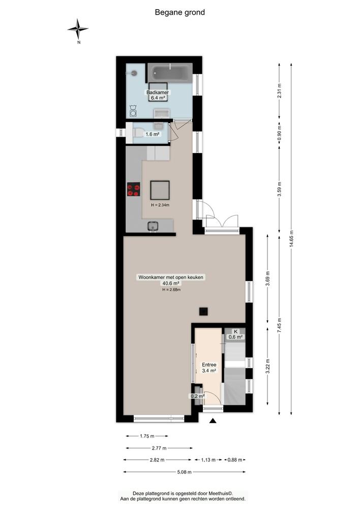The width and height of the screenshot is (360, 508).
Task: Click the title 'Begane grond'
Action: (179, 12)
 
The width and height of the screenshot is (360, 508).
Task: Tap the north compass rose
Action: (78, 29)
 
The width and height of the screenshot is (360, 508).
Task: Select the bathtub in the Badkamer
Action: (169, 75)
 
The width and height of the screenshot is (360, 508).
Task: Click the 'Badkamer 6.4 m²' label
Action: (158, 96)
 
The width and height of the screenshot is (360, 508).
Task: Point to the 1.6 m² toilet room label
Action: (153, 134)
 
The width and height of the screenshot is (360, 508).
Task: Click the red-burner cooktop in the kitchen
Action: (133, 189)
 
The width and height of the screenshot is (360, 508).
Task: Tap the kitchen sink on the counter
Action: (153, 226)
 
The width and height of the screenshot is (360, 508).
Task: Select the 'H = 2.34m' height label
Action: (160, 205)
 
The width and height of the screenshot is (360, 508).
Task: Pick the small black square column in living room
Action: (203, 311)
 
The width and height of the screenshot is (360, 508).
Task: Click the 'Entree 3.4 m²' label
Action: (209, 368)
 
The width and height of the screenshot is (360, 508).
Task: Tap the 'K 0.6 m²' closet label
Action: (235, 333)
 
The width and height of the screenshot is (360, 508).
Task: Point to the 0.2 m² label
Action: (197, 396)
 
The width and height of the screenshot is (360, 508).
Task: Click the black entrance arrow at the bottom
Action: (213, 420)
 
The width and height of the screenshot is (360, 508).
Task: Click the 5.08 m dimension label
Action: (184, 472)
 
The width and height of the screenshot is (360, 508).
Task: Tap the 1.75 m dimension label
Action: (146, 436)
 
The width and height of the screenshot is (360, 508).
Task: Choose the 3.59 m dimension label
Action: (279, 188)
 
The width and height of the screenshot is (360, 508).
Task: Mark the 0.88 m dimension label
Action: (234, 460)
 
